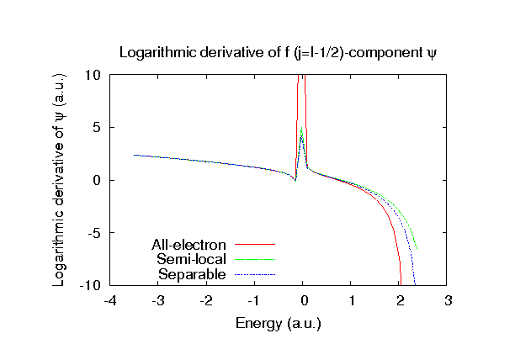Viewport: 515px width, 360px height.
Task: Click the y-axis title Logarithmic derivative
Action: pos(61,180)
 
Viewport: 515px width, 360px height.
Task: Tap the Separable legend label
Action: pos(194,274)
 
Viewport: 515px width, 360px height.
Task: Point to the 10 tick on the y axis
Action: pos(93,75)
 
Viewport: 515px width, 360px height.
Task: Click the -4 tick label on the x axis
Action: pos(109,301)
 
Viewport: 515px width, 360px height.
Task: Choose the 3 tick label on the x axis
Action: pos(449,301)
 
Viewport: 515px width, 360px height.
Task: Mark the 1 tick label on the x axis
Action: pos(352,301)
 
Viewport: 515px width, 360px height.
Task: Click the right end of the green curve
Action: pos(417,249)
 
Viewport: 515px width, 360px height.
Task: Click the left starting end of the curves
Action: pos(135,155)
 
